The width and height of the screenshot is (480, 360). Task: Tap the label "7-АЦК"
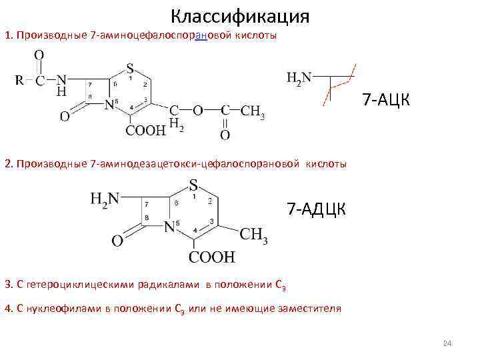tap(387, 100)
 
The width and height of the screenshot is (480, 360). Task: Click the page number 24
tap(447, 343)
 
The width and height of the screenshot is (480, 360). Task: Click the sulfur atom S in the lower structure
tap(193, 184)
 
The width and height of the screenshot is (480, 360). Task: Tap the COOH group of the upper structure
tap(146, 131)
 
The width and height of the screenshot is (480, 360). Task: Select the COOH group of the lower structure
tap(211, 256)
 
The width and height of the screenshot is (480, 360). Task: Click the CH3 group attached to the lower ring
tap(253, 235)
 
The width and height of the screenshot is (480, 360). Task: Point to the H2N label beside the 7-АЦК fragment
tap(298, 77)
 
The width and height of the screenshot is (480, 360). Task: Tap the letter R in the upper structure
tap(19, 80)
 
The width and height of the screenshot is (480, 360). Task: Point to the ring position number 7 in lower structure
tap(146, 203)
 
